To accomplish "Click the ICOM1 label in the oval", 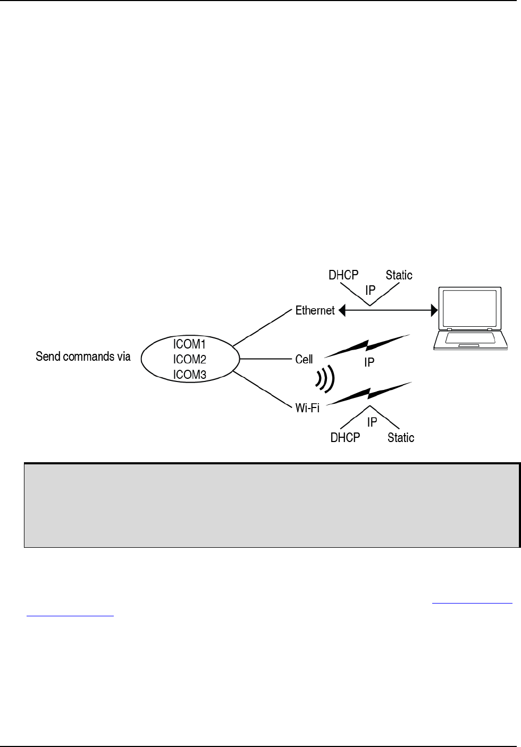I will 189,344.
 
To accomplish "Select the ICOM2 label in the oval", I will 189,360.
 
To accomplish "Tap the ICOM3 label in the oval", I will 189,375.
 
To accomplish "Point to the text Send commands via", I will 83,356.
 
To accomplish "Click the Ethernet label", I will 315,311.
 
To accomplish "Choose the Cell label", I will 304,360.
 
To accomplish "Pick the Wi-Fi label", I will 307,409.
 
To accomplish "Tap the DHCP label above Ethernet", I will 343,275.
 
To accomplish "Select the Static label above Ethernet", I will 399,275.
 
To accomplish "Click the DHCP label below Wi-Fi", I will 345,438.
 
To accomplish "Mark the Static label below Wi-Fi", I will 401,438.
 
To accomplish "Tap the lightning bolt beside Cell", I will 367,346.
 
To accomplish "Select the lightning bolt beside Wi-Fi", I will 368,394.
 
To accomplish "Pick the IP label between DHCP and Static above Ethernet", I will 371,291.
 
